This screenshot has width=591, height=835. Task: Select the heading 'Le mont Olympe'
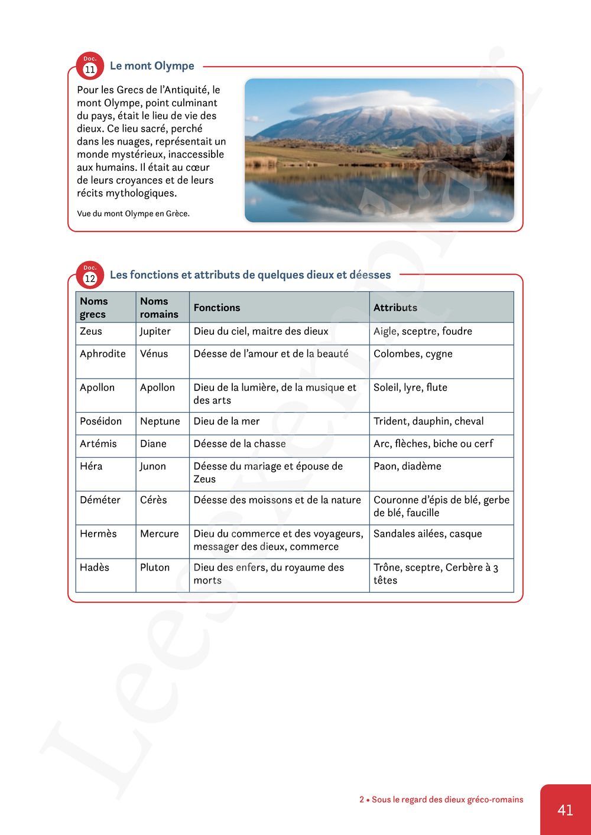152,66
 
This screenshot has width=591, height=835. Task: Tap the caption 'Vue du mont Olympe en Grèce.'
133,214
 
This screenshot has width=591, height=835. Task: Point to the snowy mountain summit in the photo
384,112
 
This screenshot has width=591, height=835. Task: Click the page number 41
565,810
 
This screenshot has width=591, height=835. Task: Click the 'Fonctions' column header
217,308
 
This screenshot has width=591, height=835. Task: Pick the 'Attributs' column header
395,308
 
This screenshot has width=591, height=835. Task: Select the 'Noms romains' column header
159,308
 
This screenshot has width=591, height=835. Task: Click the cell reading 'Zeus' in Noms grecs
91,331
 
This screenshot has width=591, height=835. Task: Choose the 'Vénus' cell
154,354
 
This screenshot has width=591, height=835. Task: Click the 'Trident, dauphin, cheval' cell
428,421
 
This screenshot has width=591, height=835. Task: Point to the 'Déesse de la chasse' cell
239,443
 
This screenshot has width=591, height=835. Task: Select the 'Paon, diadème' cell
407,466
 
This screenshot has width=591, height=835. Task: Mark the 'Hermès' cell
98,533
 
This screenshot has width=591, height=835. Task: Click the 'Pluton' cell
155,567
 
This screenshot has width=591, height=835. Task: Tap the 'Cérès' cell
154,500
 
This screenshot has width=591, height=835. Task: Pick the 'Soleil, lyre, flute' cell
410,387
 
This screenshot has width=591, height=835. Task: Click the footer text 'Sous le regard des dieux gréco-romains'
447,800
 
